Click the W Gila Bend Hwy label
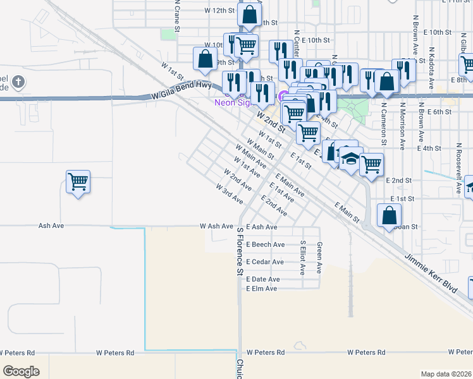click(x=181, y=89)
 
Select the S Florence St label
click(x=240, y=252)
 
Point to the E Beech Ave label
click(x=266, y=244)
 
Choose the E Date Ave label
click(x=263, y=279)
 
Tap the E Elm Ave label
click(x=262, y=289)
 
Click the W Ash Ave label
click(x=216, y=226)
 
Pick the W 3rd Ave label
click(x=229, y=194)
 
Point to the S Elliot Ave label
click(x=303, y=257)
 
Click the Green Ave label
click(x=319, y=257)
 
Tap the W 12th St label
click(x=219, y=11)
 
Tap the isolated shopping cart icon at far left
click(x=78, y=182)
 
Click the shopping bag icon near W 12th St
click(x=250, y=14)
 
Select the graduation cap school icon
click(x=350, y=159)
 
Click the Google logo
click(x=21, y=371)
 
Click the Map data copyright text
click(x=445, y=374)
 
